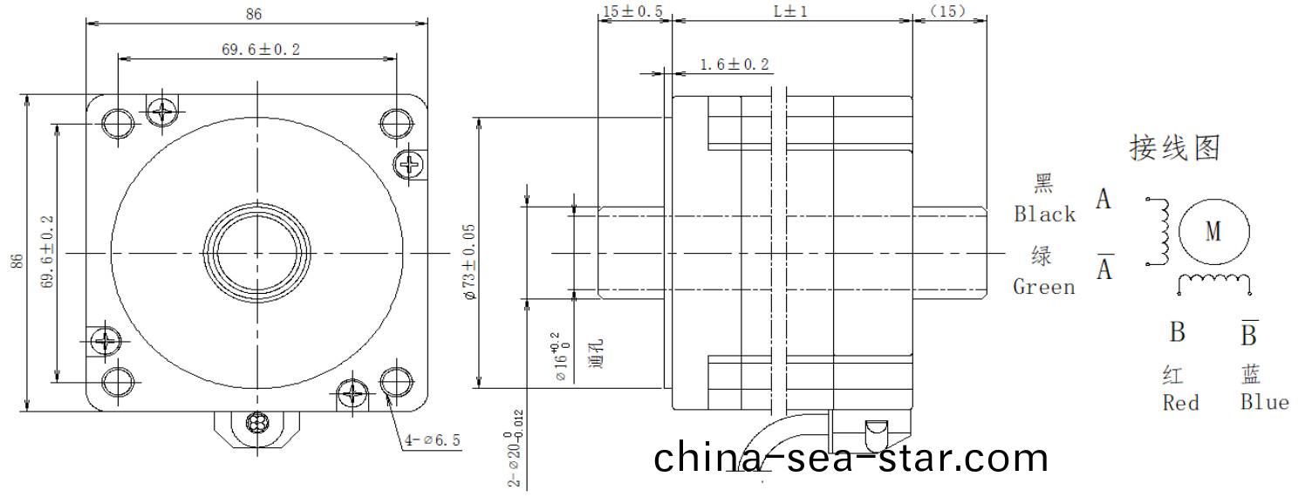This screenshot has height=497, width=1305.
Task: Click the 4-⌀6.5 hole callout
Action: (x=432, y=440)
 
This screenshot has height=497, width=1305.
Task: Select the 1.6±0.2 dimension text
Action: (x=734, y=65)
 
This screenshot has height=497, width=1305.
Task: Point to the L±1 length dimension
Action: (x=791, y=11)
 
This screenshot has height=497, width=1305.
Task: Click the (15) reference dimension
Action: (x=949, y=11)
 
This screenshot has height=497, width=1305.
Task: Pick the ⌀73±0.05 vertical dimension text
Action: (x=469, y=262)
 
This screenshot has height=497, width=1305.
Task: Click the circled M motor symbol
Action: (x=1213, y=231)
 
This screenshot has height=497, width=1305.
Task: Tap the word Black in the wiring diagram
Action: (x=1044, y=214)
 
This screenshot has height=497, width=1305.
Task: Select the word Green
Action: (x=1044, y=287)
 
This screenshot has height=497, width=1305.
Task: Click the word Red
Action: (x=1180, y=403)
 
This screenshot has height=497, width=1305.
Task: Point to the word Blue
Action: (x=1264, y=403)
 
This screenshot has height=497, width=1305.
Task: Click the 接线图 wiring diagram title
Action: (x=1174, y=148)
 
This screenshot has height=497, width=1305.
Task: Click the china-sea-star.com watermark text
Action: (x=851, y=459)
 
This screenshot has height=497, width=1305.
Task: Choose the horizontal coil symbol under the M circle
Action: (x=1215, y=281)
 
